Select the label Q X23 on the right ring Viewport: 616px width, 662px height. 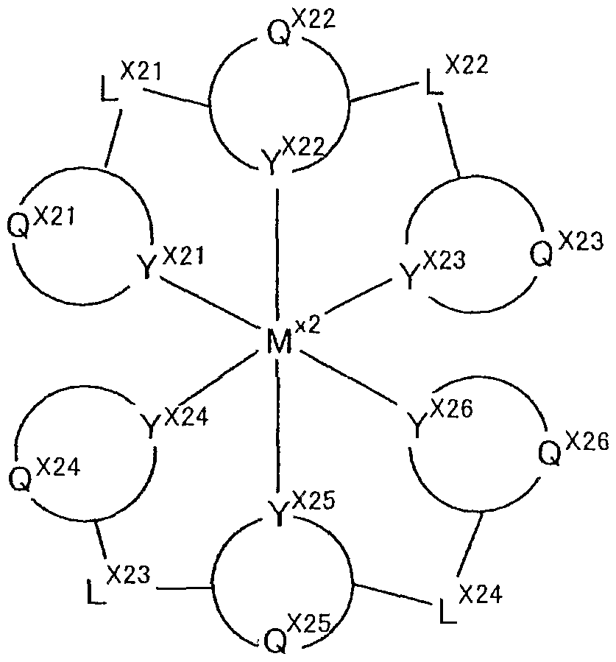pyautogui.click(x=564, y=250)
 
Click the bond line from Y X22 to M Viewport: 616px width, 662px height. pyautogui.click(x=277, y=250)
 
